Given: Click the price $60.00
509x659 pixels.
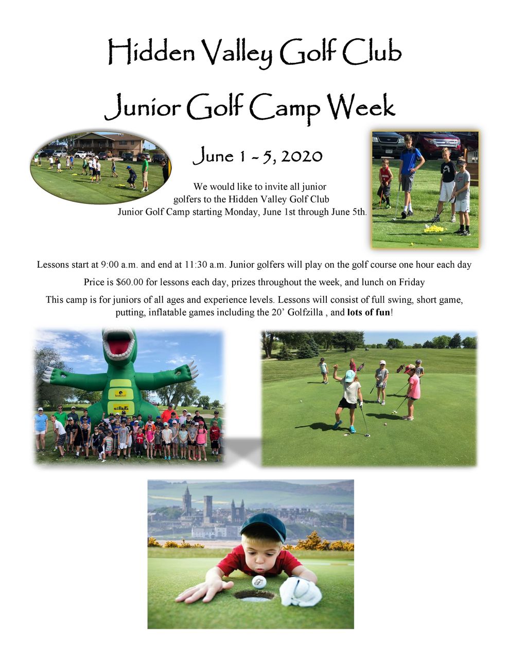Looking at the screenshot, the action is pyautogui.click(x=130, y=282).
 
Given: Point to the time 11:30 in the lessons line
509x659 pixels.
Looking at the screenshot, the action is pyautogui.click(x=195, y=265).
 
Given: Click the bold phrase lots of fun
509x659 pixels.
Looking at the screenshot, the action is pyautogui.click(x=368, y=312).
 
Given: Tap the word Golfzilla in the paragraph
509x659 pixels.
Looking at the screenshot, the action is pyautogui.click(x=305, y=312).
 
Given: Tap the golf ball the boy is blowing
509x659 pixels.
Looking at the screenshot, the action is pyautogui.click(x=259, y=581).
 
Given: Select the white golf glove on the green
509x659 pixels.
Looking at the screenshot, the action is pyautogui.click(x=300, y=592).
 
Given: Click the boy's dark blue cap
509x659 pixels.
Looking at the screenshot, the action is pyautogui.click(x=263, y=527).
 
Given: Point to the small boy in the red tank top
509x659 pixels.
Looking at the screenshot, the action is pyautogui.click(x=385, y=183).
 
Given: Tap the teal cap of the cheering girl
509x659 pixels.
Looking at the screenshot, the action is pyautogui.click(x=349, y=376).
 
